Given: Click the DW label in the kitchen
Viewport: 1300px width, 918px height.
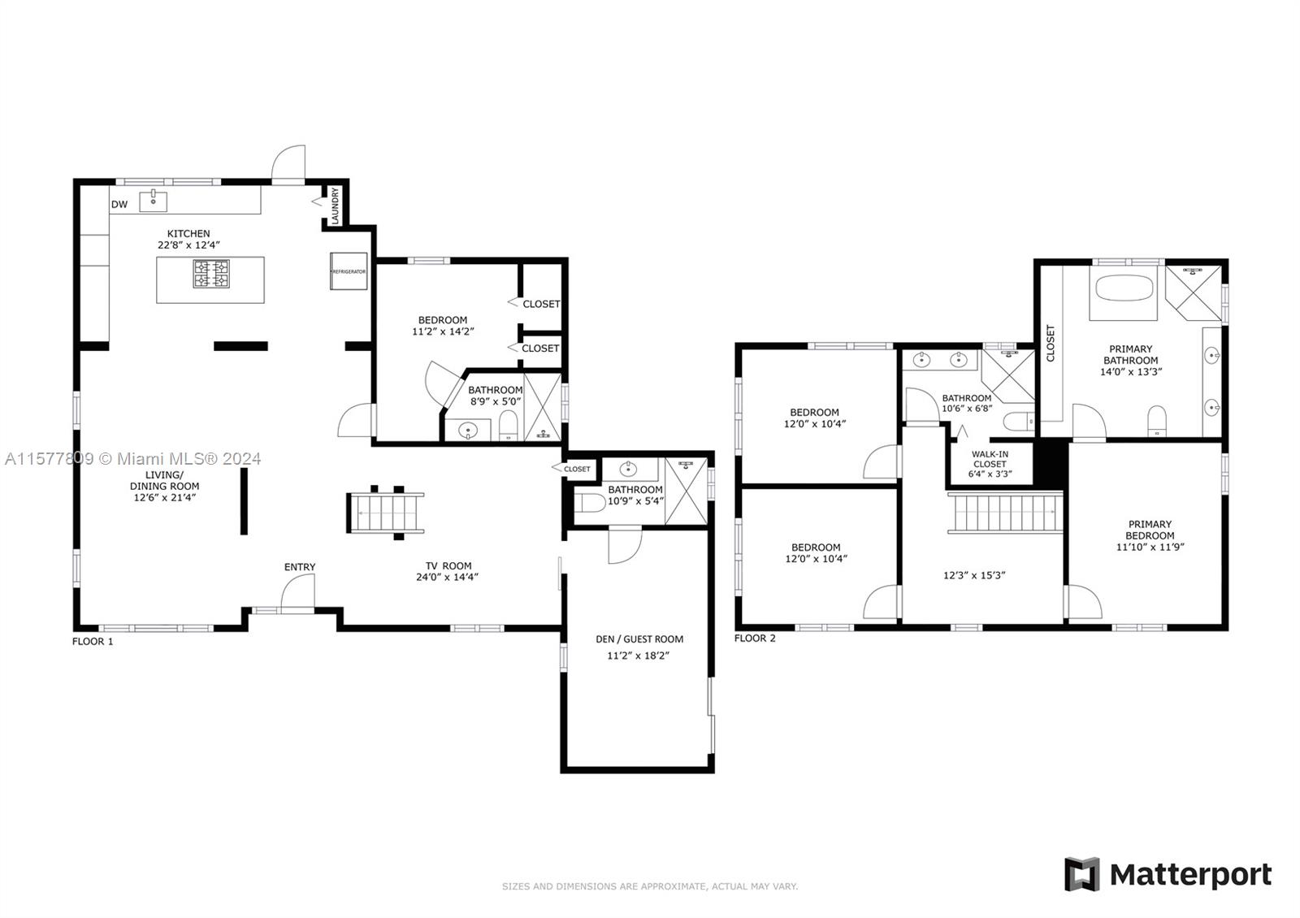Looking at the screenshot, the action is click(x=119, y=204).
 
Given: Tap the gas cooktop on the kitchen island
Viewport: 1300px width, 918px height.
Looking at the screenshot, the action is click(x=211, y=275).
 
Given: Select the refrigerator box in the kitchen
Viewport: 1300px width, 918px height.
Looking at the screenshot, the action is click(x=349, y=271).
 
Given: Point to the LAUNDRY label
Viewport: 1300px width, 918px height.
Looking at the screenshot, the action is click(x=335, y=206).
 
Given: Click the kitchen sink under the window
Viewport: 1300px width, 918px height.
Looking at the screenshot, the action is click(x=154, y=201).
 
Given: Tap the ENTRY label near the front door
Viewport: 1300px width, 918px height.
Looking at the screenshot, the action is click(x=300, y=567).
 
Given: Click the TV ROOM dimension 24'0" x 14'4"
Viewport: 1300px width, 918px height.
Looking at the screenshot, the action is click(x=447, y=578).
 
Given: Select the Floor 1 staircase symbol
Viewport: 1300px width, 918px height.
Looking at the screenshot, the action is click(x=385, y=513).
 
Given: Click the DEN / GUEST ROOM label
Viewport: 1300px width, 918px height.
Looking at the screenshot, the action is click(x=639, y=639).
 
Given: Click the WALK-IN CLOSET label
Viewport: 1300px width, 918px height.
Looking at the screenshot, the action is click(x=990, y=459).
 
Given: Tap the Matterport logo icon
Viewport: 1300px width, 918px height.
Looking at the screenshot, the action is click(x=1081, y=874).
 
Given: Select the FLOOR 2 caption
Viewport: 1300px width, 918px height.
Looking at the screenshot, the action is click(x=755, y=639).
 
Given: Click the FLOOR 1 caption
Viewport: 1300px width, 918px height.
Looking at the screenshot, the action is click(x=93, y=641).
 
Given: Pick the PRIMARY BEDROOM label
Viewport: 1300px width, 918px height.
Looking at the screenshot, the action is click(x=1150, y=530).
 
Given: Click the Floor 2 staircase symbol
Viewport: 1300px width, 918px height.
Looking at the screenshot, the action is click(x=1005, y=513).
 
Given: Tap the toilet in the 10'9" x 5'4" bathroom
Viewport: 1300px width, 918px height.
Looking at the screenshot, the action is click(x=590, y=503).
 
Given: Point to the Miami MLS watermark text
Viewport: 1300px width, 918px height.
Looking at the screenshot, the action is click(x=133, y=459).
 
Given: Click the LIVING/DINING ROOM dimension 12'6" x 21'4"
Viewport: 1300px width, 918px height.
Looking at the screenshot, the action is click(x=165, y=497).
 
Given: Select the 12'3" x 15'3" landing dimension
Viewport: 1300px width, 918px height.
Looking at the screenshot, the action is click(x=974, y=576).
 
